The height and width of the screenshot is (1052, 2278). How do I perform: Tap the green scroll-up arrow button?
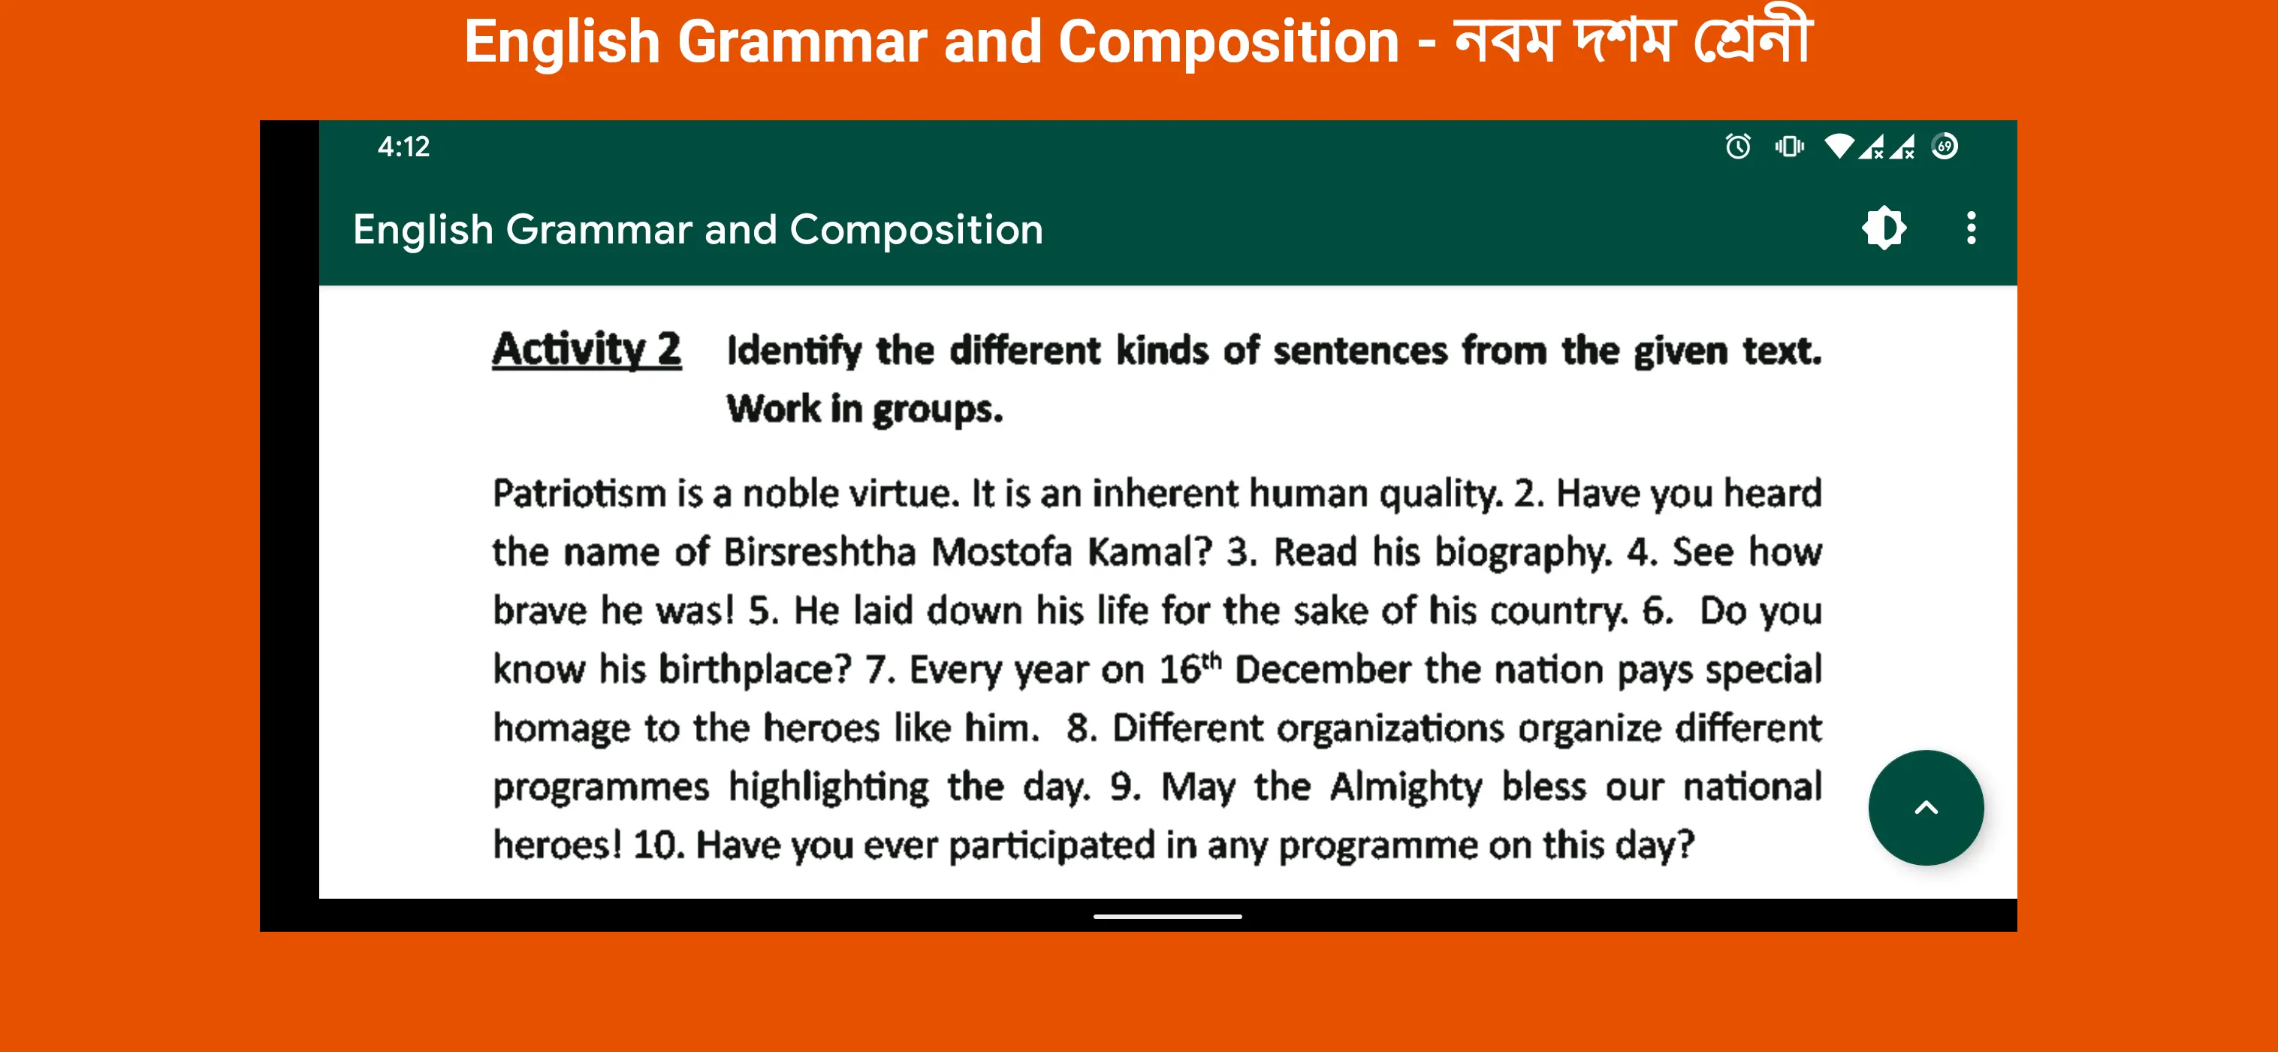[x=1925, y=807]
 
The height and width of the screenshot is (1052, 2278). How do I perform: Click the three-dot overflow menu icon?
[x=1970, y=228]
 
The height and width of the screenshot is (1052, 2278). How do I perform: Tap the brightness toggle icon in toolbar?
[x=1884, y=228]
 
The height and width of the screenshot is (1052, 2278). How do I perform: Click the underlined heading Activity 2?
[x=587, y=349]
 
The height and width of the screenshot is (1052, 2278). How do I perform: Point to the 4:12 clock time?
[x=403, y=146]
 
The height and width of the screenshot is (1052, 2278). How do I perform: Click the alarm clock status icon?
[x=1738, y=146]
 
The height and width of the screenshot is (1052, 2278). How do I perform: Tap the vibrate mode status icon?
[x=1789, y=146]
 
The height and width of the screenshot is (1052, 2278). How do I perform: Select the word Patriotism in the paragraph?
[x=579, y=493]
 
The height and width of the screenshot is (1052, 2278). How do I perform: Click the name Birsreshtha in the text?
[x=819, y=552]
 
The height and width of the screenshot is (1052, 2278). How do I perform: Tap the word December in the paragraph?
[x=1322, y=670]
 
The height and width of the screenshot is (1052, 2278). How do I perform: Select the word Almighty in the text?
[x=1406, y=787]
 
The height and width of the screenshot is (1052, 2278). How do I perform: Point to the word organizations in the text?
[x=1390, y=729]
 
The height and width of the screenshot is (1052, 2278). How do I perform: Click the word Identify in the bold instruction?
[x=793, y=351]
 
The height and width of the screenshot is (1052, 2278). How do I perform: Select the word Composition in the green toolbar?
[x=916, y=230]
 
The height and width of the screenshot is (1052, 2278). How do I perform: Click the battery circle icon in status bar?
[x=1945, y=146]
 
